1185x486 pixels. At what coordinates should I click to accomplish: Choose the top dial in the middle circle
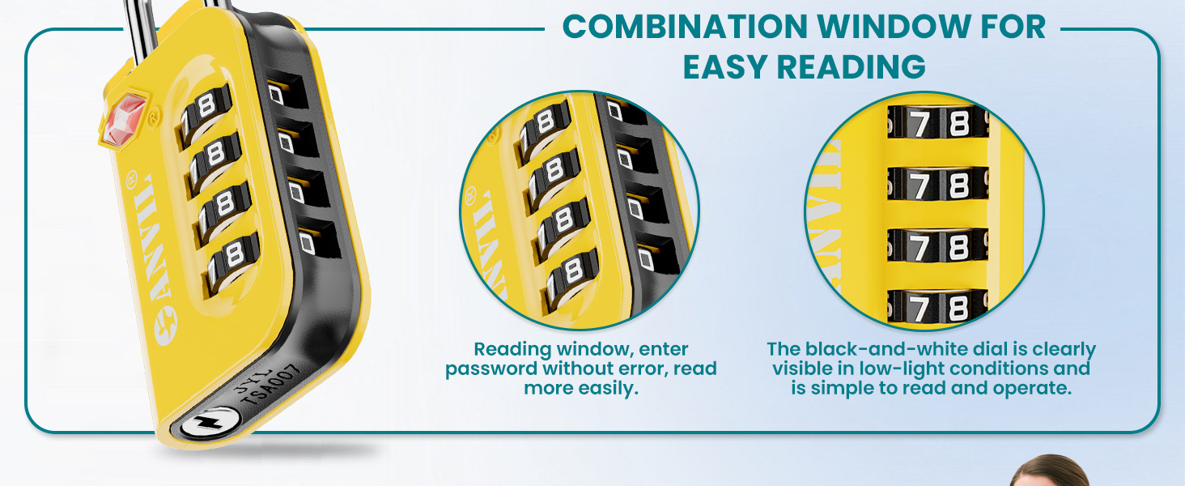click(546, 126)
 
